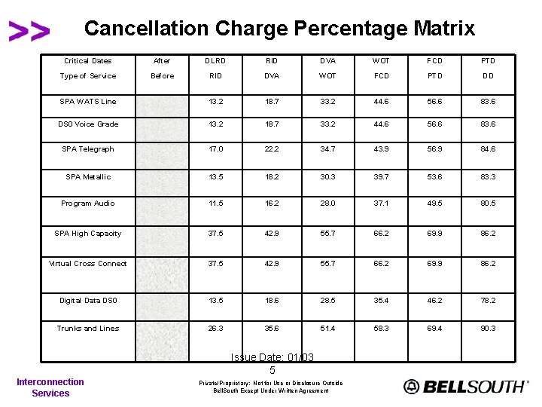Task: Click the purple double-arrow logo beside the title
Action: (x=29, y=31)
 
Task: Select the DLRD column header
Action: (x=216, y=61)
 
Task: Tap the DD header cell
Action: (x=489, y=76)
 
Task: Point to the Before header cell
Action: (x=162, y=76)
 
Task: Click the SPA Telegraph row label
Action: (x=88, y=149)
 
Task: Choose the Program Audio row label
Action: (x=88, y=203)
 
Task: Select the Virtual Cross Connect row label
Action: (x=88, y=264)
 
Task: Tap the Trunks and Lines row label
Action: (x=88, y=329)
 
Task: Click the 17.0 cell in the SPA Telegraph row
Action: (x=216, y=149)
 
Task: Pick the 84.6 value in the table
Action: (x=489, y=149)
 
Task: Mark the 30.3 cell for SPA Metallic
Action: (x=327, y=177)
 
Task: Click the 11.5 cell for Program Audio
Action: (x=216, y=203)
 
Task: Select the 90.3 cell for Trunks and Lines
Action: (x=489, y=329)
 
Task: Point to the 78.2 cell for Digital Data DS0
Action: (x=489, y=301)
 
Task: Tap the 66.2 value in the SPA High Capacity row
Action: (x=382, y=234)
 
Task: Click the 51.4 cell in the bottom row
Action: (x=327, y=329)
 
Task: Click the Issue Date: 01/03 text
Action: (x=273, y=357)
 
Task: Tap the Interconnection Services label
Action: (x=50, y=387)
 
